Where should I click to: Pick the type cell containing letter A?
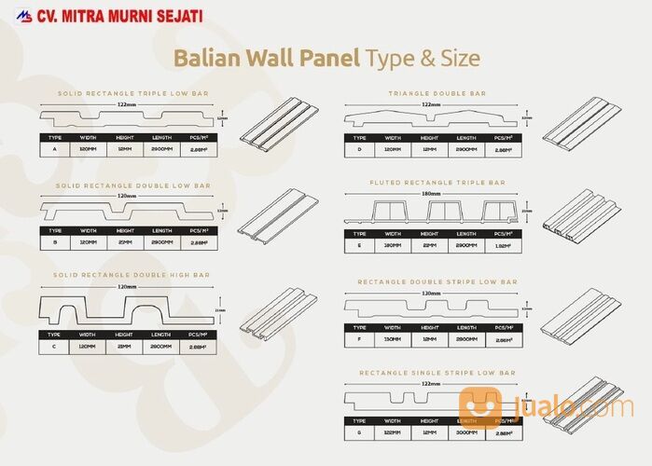click(x=56, y=149)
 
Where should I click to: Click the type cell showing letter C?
click(x=56, y=345)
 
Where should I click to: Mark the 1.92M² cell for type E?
click(x=504, y=246)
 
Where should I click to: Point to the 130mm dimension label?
click(x=431, y=293)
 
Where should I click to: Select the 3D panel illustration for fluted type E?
click(x=581, y=219)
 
